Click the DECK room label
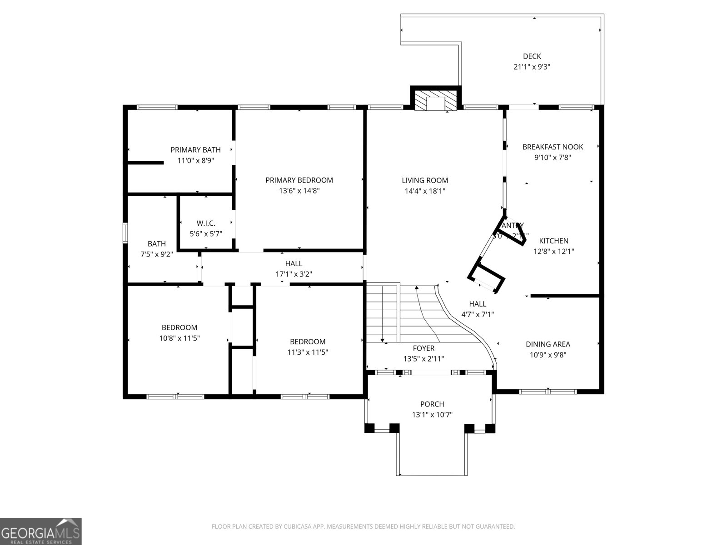click(532, 56)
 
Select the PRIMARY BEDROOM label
click(299, 180)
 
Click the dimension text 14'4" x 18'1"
click(425, 191)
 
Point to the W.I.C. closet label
click(206, 223)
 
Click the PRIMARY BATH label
click(195, 150)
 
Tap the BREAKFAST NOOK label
click(553, 147)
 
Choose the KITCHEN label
click(553, 241)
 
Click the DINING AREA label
click(548, 344)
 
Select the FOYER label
click(423, 348)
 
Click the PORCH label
click(432, 404)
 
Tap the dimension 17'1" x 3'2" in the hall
click(294, 274)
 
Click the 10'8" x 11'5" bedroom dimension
click(179, 338)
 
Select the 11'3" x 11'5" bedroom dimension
click(308, 352)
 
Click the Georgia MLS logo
click(41, 531)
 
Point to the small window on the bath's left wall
click(125, 233)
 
